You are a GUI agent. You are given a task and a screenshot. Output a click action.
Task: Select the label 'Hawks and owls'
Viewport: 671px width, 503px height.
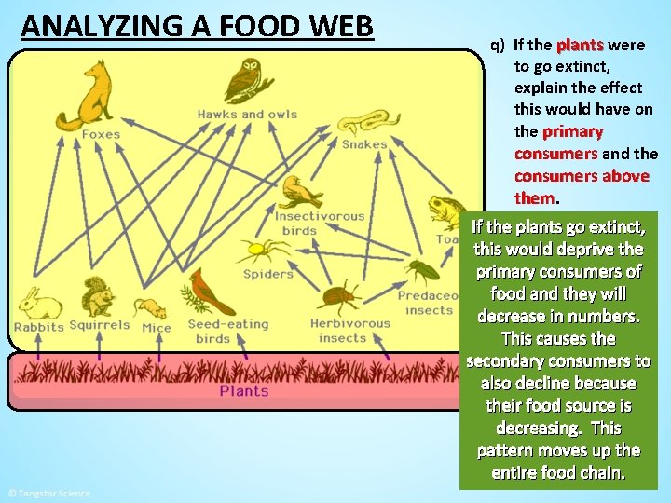pos(247,115)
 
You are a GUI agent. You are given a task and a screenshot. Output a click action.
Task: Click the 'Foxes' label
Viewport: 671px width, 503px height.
pos(101,134)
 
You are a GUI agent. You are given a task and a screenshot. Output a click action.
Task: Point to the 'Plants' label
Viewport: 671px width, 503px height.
pos(244,391)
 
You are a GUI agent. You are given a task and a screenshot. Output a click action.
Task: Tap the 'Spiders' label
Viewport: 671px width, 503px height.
pos(268,274)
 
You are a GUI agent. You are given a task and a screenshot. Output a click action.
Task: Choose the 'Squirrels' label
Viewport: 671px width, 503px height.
pos(100,326)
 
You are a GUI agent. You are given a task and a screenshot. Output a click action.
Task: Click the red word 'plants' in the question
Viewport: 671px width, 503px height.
pos(580,45)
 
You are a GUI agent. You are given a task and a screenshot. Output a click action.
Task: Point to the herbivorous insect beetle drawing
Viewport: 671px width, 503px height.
pos(340,298)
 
